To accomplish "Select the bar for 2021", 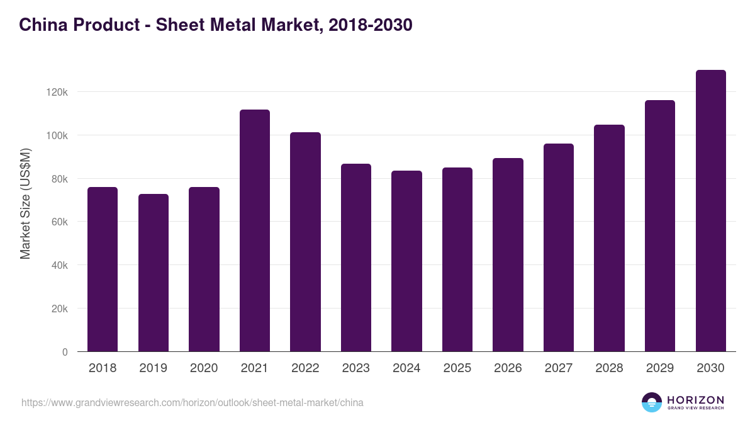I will [x=255, y=230].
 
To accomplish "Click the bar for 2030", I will [x=710, y=210].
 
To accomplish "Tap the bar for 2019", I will [x=154, y=273].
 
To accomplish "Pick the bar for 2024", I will [x=406, y=261].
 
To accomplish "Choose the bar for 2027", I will [x=559, y=247].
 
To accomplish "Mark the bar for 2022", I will [x=305, y=242].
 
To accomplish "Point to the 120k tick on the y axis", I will [x=57, y=92].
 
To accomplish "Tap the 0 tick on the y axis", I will [x=65, y=352].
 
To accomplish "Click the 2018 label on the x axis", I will [x=103, y=368].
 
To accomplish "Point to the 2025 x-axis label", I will [x=457, y=368].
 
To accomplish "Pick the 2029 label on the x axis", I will [x=660, y=368].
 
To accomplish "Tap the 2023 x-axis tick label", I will [x=355, y=368].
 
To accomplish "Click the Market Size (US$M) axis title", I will [x=25, y=203].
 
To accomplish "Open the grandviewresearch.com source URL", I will [x=193, y=402].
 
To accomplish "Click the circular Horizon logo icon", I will [x=652, y=402].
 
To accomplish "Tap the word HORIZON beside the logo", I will [x=695, y=400].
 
